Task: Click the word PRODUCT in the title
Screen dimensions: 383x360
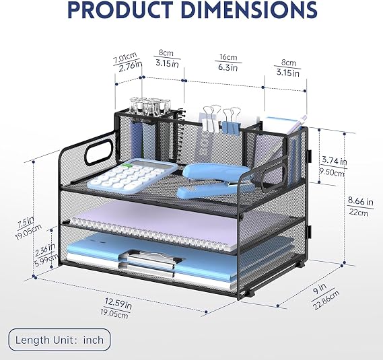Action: [x=120, y=9]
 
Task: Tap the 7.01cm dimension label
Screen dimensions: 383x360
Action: [x=125, y=59]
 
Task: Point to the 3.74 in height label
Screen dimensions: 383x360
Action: [x=334, y=161]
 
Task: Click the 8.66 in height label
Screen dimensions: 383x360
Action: [x=361, y=201]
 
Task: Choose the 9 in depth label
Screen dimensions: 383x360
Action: [x=320, y=289]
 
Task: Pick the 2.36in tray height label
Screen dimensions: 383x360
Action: [x=45, y=250]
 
